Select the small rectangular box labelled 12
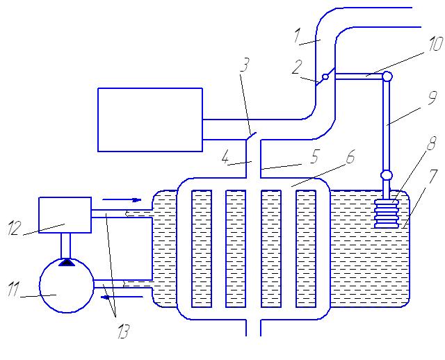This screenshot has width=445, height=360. click(x=65, y=215)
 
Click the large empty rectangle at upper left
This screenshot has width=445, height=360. click(x=149, y=119)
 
